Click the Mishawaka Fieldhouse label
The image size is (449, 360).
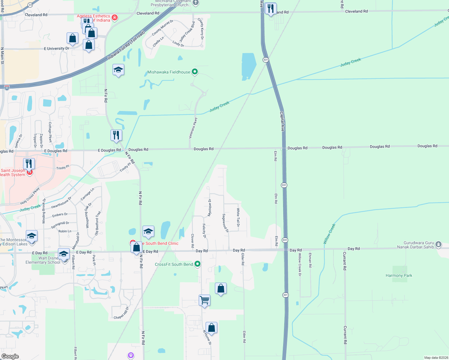pyautogui.click(x=169, y=72)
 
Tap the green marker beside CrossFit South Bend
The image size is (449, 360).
pyautogui.click(x=197, y=264)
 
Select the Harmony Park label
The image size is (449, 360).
pyautogui.click(x=399, y=275)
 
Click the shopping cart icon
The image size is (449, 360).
pyautogui.click(x=204, y=300)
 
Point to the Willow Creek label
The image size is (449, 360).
pyautogui.click(x=329, y=234)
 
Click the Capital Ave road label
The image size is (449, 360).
pyautogui.click(x=282, y=121)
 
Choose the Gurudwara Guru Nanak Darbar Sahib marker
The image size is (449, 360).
pyautogui.click(x=438, y=244)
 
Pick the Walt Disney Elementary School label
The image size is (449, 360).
pyautogui.click(x=43, y=260)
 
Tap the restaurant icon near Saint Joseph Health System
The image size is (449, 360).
pyautogui.click(x=29, y=164)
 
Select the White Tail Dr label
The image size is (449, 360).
pyautogui.click(x=238, y=217)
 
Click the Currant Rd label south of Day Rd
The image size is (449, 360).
pyautogui.click(x=345, y=335)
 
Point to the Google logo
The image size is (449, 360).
pyautogui.click(x=10, y=356)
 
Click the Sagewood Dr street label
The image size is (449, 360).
pyautogui.click(x=225, y=223)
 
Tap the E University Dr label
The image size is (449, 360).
pyautogui.click(x=56, y=48)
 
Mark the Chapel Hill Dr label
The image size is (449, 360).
pyautogui.click(x=121, y=313)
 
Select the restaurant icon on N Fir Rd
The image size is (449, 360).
pyautogui.click(x=116, y=135)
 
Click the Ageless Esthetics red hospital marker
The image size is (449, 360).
pyautogui.click(x=114, y=18)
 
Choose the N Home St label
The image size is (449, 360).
pyautogui.click(x=207, y=337)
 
